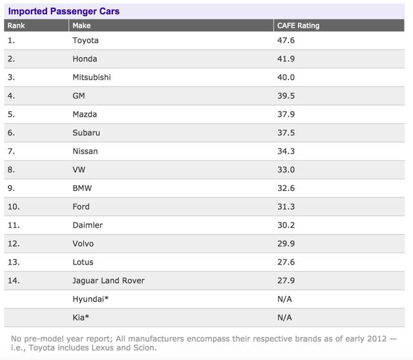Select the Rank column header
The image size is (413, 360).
click(16, 26)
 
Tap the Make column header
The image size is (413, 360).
click(82, 26)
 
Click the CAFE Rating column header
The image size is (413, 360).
click(297, 26)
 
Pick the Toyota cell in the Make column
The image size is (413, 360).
click(86, 40)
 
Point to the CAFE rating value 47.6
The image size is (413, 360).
click(286, 40)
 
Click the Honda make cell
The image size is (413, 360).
click(85, 59)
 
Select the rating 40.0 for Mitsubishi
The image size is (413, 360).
click(286, 77)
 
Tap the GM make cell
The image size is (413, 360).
click(80, 95)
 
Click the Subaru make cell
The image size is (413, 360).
click(86, 133)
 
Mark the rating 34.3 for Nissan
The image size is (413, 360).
click(286, 151)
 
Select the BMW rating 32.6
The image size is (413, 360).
click(286, 188)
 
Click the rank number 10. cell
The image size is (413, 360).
click(14, 206)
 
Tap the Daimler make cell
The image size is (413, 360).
click(88, 225)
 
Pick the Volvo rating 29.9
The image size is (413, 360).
click(286, 243)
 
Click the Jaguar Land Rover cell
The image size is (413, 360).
click(108, 281)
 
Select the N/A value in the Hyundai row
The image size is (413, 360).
click(284, 299)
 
